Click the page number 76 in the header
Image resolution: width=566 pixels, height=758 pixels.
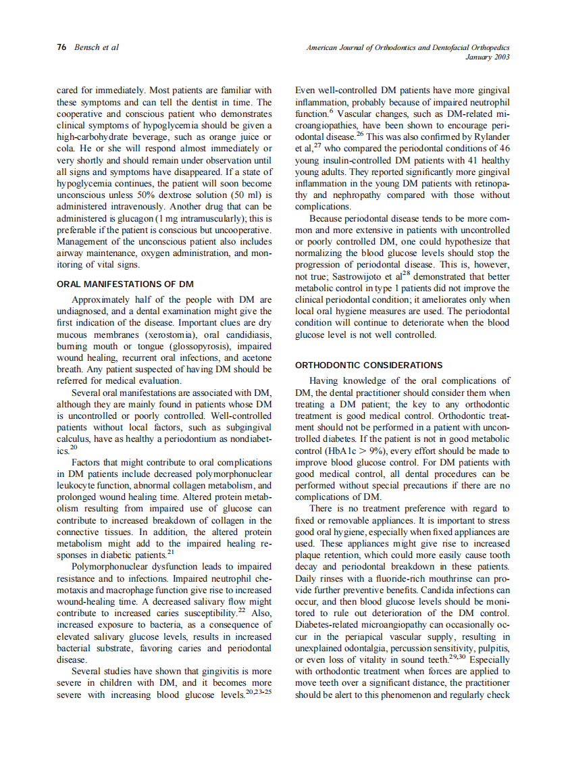pyautogui.click(x=61, y=48)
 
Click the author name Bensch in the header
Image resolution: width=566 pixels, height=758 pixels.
pyautogui.click(x=87, y=48)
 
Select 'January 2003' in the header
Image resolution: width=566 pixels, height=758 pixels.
pyautogui.click(x=488, y=57)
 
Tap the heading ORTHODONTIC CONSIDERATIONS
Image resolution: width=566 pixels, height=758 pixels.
pyautogui.click(x=369, y=365)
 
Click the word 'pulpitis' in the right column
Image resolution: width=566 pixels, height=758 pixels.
pyautogui.click(x=494, y=649)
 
